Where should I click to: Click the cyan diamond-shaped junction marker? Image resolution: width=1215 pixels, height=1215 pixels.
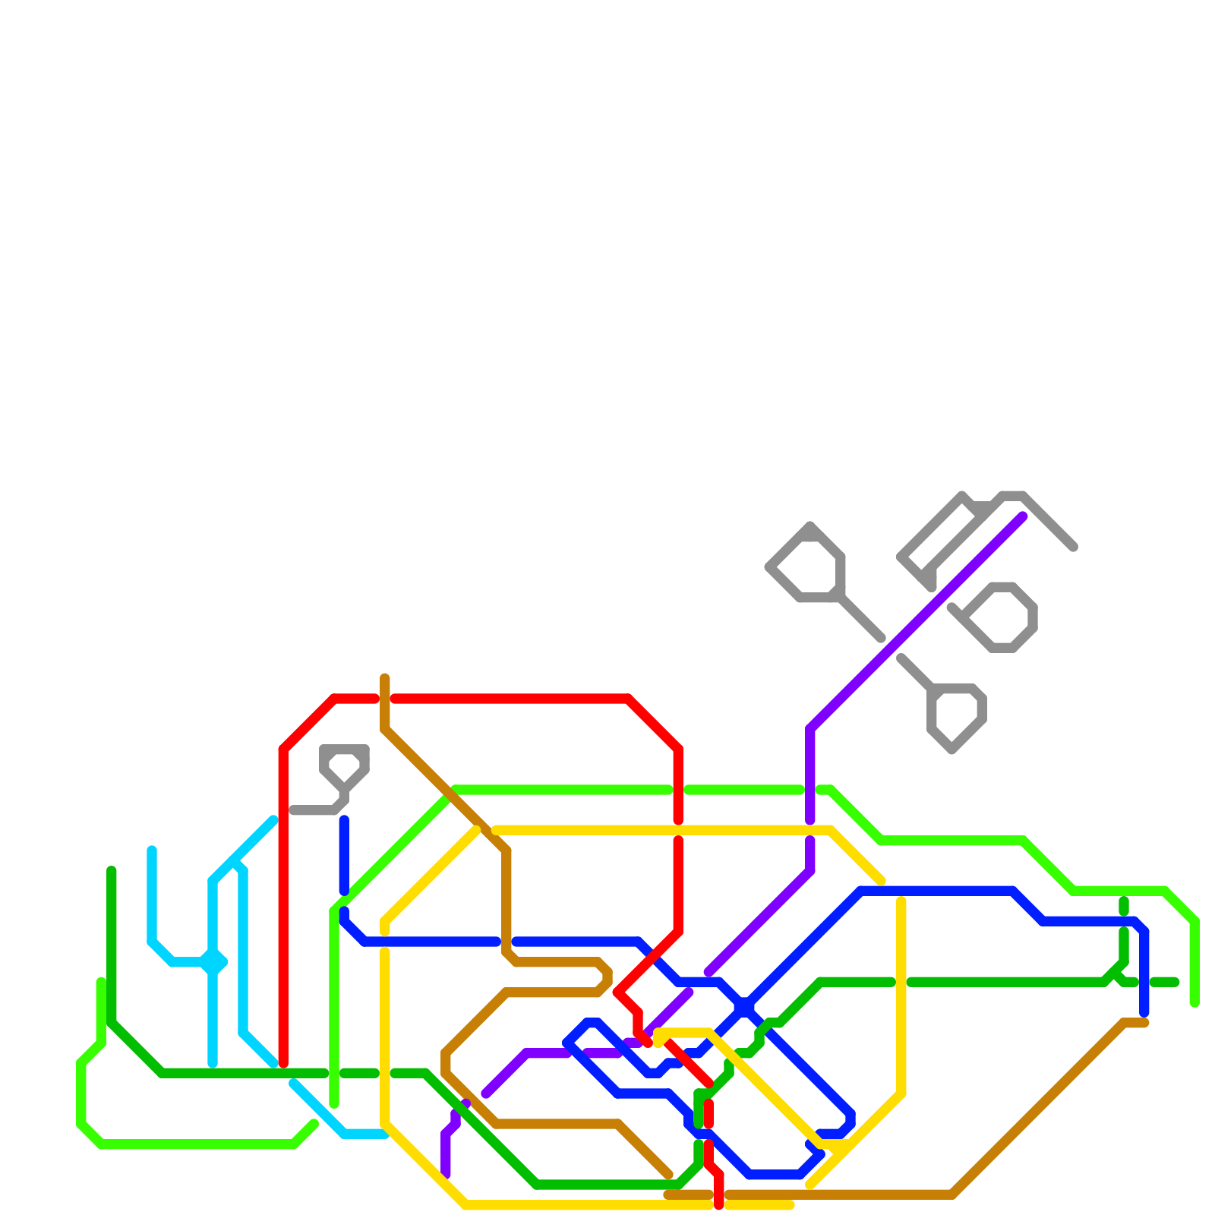point(213,963)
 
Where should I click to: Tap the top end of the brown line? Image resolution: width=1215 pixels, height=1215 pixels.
point(385,678)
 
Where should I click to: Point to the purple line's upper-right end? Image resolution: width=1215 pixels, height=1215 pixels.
point(1023,517)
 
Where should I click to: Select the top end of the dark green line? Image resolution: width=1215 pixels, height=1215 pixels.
point(112,870)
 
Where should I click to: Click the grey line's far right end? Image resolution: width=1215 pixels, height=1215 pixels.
point(1074,547)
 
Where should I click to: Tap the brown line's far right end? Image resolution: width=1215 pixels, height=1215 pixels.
point(1144,1024)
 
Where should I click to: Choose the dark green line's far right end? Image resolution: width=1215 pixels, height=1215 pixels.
point(1175,983)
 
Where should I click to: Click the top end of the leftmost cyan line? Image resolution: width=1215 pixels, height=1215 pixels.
point(152,850)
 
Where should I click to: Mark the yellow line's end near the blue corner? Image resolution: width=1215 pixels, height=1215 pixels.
point(881,882)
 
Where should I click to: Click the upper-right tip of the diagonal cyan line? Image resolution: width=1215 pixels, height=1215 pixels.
point(273,819)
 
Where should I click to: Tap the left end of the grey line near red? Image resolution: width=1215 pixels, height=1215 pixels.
point(293,811)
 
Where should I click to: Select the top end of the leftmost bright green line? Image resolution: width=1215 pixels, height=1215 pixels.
point(101,982)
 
